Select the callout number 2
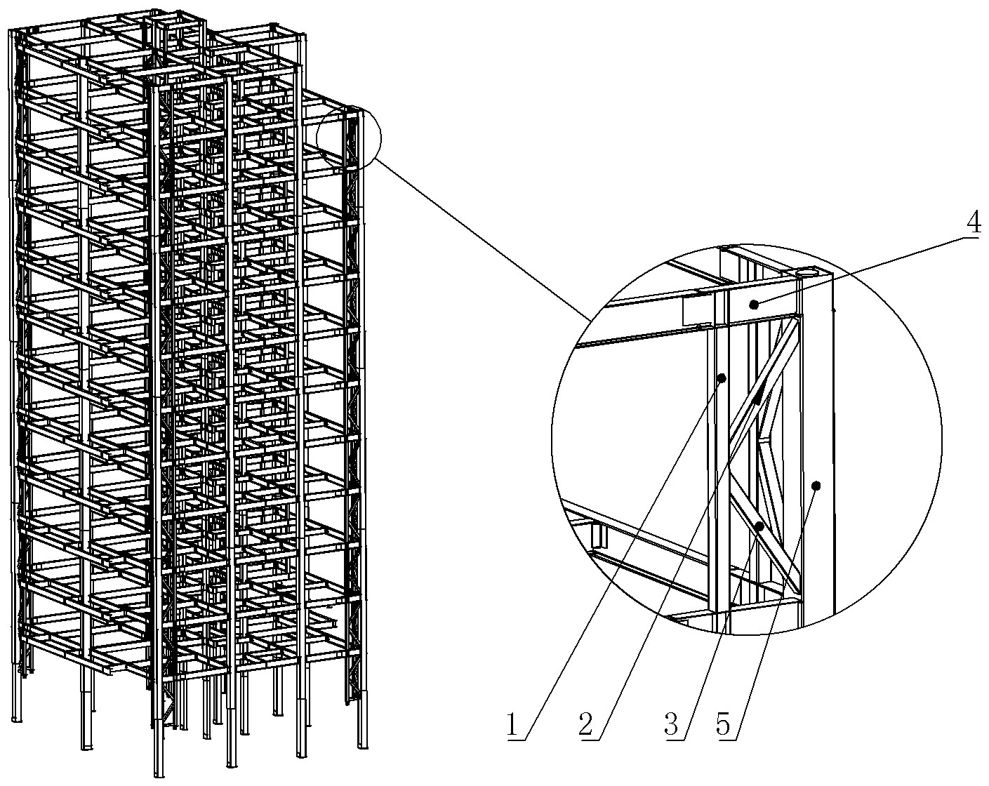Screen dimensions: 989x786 pos(585,725)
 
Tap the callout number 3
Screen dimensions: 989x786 pos(672,725)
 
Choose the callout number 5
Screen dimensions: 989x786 pos(723,725)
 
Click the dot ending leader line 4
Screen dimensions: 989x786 pos(754,304)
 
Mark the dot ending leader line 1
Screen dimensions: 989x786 pos(722,378)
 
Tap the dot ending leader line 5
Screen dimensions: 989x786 pos(816,485)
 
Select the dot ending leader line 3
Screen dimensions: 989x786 pos(759,526)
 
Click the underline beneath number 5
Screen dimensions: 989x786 pos(726,740)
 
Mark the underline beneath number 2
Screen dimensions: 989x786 pos(589,740)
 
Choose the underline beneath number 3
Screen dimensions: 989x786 pos(675,740)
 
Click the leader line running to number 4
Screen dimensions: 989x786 pos(858,271)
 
